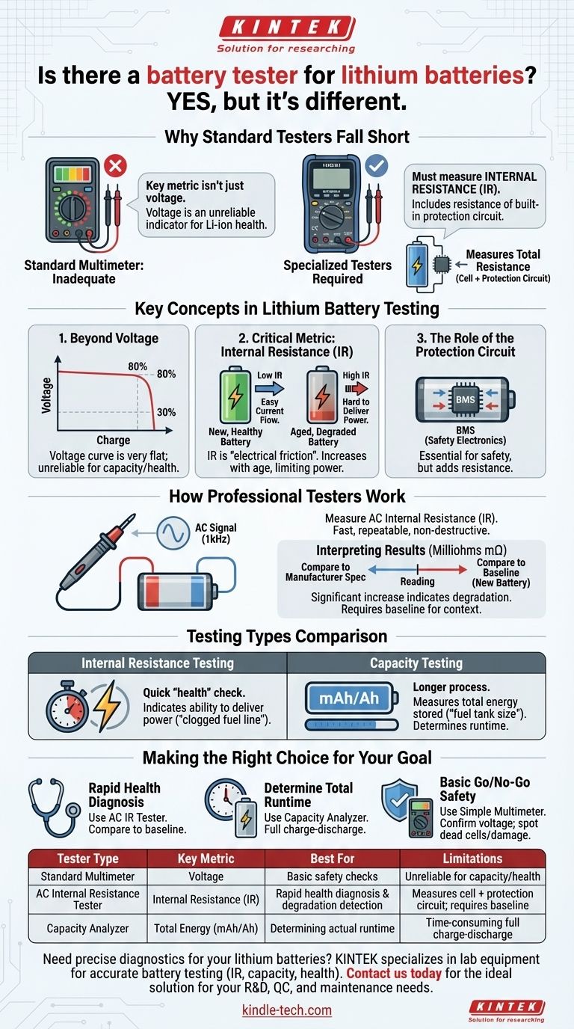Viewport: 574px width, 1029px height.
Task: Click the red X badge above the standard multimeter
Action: coord(115,166)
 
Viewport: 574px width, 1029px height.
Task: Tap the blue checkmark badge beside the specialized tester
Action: coord(377,166)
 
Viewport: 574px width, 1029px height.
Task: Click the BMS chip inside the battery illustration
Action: coord(465,399)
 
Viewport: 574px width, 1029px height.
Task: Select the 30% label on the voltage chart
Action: coord(166,412)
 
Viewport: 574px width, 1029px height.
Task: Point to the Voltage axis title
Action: coord(46,395)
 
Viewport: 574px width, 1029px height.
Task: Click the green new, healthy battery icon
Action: coord(235,395)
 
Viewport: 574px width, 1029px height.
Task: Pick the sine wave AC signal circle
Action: coord(173,533)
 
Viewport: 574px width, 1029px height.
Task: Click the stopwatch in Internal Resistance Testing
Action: coord(67,706)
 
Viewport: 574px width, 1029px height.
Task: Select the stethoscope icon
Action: coord(52,805)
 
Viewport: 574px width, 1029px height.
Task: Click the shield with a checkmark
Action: coord(399,800)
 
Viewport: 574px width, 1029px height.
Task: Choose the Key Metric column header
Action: coord(206,858)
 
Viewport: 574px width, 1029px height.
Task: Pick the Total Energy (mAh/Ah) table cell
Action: coord(206,928)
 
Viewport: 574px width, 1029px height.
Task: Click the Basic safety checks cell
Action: coord(332,876)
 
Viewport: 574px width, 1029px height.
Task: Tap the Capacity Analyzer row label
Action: coord(87,928)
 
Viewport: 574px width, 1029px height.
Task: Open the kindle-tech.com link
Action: coord(286,1010)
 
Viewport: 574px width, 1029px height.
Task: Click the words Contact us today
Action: coord(394,973)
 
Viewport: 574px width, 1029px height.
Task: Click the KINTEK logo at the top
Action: coord(286,28)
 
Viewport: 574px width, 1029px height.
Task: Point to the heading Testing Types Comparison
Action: coord(287,636)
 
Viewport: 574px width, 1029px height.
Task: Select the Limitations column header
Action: coord(472,858)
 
